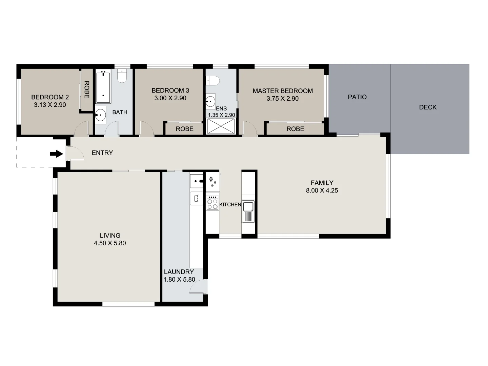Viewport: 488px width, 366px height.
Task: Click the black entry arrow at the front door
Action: point(57,154)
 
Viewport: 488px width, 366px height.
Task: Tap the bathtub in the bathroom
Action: point(103,87)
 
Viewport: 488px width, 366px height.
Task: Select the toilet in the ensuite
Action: point(213,81)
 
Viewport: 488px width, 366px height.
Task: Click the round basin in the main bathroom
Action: point(101,115)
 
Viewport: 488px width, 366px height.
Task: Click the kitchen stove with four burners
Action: point(212,203)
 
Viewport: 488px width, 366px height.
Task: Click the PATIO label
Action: point(357,97)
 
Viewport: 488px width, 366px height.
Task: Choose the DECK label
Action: point(428,107)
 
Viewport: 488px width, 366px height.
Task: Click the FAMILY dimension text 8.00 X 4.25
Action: point(322,190)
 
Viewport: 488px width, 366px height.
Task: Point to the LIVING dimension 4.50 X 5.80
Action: point(110,243)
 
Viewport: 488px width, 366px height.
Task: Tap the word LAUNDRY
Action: point(179,272)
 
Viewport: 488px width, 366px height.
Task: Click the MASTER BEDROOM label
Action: point(283,91)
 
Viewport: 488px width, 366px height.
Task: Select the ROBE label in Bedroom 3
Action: point(185,129)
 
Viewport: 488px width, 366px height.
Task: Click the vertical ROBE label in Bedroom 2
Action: point(86,89)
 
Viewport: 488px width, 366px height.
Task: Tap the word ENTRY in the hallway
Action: point(102,153)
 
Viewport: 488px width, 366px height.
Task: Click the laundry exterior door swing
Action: point(198,287)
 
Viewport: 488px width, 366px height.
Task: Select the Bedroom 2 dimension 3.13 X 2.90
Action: point(50,105)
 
